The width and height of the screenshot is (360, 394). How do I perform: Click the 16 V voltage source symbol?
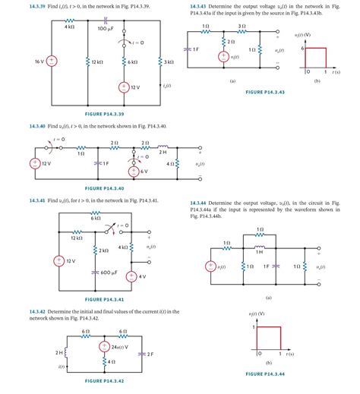[x=52, y=60]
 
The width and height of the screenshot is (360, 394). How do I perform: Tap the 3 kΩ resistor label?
[x=171, y=61]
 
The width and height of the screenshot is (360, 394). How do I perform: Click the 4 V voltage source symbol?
[x=131, y=276]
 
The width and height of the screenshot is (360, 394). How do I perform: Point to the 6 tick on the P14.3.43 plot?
[x=304, y=47]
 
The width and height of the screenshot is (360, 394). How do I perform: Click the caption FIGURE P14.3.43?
[x=265, y=92]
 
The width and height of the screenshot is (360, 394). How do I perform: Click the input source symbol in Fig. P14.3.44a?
[x=211, y=266]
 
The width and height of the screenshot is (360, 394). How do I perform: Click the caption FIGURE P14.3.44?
[x=265, y=374]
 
